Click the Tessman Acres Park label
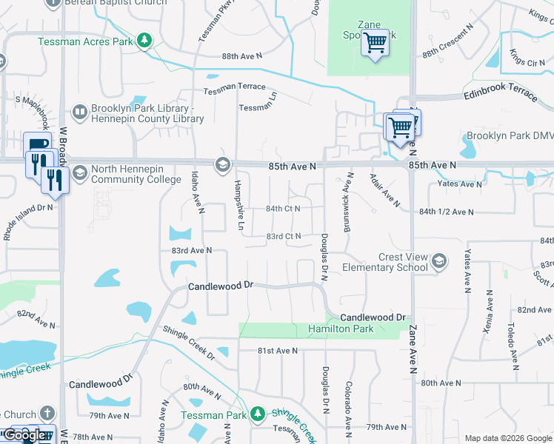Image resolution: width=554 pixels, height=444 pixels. pyautogui.click(x=85, y=41)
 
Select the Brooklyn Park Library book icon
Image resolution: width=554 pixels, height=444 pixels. pyautogui.click(x=79, y=112)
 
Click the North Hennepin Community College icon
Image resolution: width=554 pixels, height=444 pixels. pyautogui.click(x=221, y=164)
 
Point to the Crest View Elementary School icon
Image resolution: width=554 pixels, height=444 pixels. pyautogui.click(x=439, y=261)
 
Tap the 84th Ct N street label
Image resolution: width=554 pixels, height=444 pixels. pyautogui.click(x=283, y=209)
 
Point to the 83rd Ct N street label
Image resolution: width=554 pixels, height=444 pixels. pyautogui.click(x=283, y=237)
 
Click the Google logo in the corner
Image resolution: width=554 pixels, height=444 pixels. pyautogui.click(x=25, y=435)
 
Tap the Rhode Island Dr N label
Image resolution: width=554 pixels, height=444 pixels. pyautogui.click(x=28, y=218)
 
